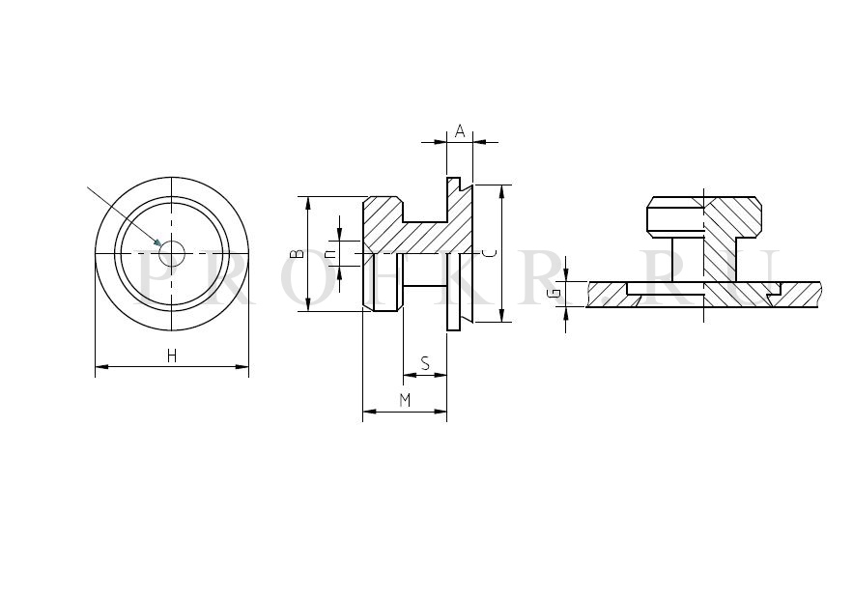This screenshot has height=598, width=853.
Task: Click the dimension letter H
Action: (172, 356)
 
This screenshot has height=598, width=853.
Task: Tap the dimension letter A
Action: (460, 131)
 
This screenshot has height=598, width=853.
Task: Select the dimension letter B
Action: (297, 254)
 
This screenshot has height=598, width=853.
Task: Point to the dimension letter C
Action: (490, 253)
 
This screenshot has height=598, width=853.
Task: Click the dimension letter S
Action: (425, 363)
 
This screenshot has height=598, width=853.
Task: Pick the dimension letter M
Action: (405, 401)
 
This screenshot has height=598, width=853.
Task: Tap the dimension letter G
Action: (554, 294)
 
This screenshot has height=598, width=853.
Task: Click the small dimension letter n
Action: (329, 254)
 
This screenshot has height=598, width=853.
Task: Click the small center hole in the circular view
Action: (172, 253)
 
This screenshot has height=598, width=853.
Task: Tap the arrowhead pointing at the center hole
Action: (157, 242)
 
